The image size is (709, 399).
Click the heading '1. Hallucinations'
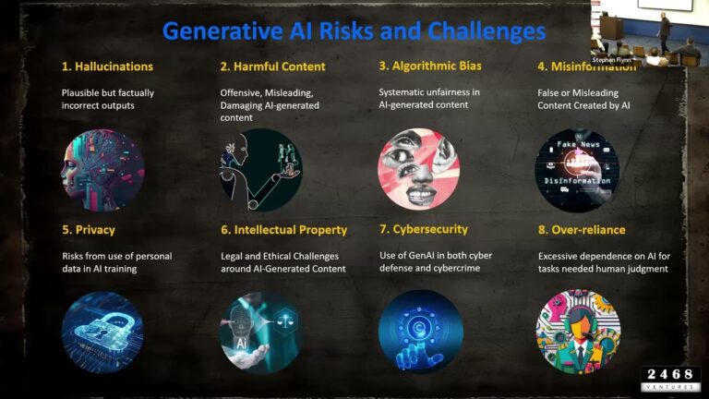click(107, 66)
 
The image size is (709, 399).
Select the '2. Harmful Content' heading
click(272, 66)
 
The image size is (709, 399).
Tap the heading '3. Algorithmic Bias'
click(430, 66)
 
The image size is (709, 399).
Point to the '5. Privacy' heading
click(89, 230)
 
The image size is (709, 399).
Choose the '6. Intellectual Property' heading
click(283, 230)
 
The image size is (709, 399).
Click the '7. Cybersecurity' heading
click(424, 229)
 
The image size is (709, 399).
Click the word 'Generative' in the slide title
click(222, 30)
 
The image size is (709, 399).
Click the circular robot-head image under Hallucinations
click(102, 170)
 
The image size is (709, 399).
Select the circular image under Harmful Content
click(261, 170)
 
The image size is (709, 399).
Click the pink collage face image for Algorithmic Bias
click(418, 170)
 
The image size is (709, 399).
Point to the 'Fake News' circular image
click(577, 170)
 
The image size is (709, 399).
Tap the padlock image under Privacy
click(102, 332)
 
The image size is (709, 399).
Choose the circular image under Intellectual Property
click(261, 332)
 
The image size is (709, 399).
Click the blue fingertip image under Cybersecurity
click(420, 332)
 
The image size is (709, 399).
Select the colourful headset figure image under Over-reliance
click(578, 332)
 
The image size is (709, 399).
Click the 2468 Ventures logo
click(670, 379)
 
